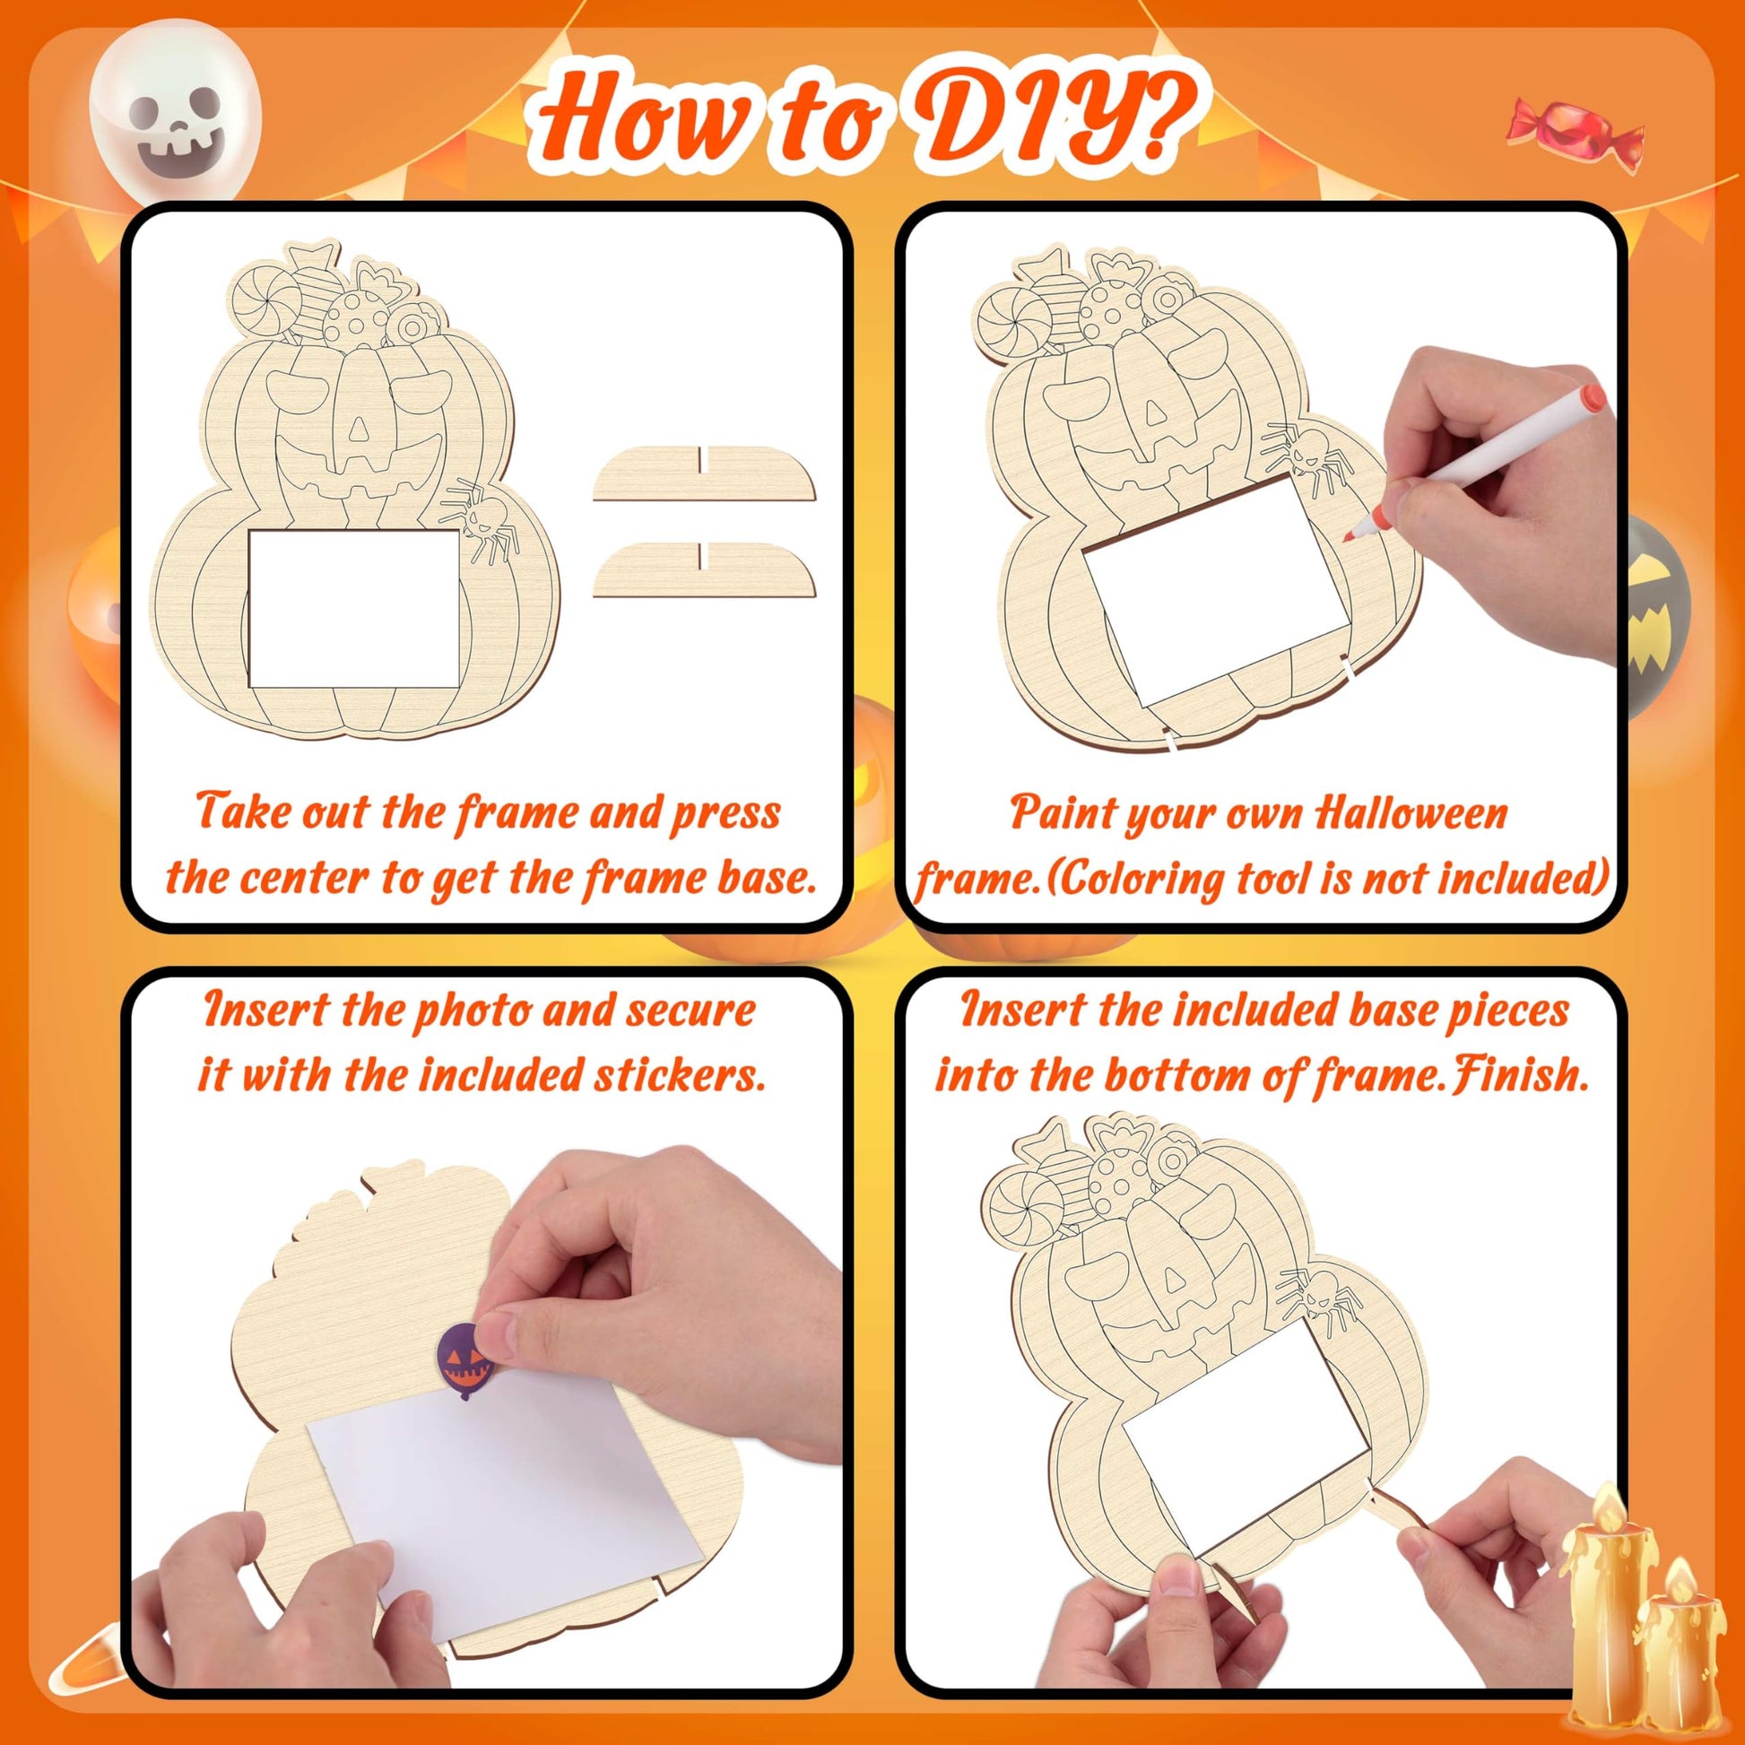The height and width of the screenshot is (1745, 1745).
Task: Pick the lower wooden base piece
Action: tap(705, 569)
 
